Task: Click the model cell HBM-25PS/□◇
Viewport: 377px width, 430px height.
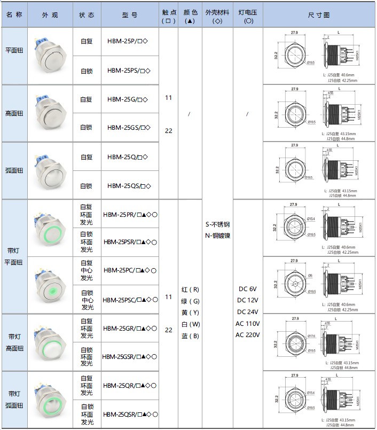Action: (129, 71)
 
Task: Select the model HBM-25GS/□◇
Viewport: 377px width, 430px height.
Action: (129, 128)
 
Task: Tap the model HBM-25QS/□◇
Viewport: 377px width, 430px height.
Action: (129, 186)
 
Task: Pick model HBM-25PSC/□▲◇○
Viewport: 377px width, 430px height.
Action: (130, 300)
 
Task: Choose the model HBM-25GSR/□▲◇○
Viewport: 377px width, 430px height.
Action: (130, 357)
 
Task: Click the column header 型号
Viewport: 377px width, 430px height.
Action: (129, 15)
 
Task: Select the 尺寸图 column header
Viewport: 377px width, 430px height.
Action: (319, 15)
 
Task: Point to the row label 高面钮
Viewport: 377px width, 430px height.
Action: (14, 113)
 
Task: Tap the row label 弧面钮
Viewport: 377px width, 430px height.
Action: (14, 171)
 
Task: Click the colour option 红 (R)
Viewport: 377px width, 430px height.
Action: (190, 290)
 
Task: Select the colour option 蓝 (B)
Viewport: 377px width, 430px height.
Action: (190, 335)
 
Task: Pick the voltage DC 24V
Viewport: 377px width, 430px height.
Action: (248, 312)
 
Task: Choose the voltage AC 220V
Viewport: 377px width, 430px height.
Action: (248, 335)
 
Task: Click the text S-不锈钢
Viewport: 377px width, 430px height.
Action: (217, 224)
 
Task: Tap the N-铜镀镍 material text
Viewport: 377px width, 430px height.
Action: (217, 236)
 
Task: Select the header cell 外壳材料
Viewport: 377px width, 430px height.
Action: (217, 15)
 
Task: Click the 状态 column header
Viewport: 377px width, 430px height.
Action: (87, 15)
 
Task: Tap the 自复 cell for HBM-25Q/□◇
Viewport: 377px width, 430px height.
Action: (87, 157)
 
